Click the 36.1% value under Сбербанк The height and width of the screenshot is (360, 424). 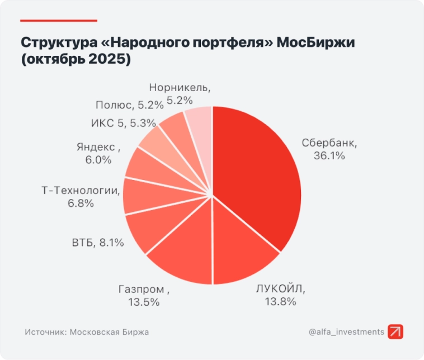(x=329, y=156)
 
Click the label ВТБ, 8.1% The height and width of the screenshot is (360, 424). (x=98, y=243)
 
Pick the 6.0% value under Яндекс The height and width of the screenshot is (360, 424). (x=98, y=160)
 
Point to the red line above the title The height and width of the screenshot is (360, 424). (x=58, y=21)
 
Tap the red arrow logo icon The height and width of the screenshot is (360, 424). (x=395, y=331)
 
